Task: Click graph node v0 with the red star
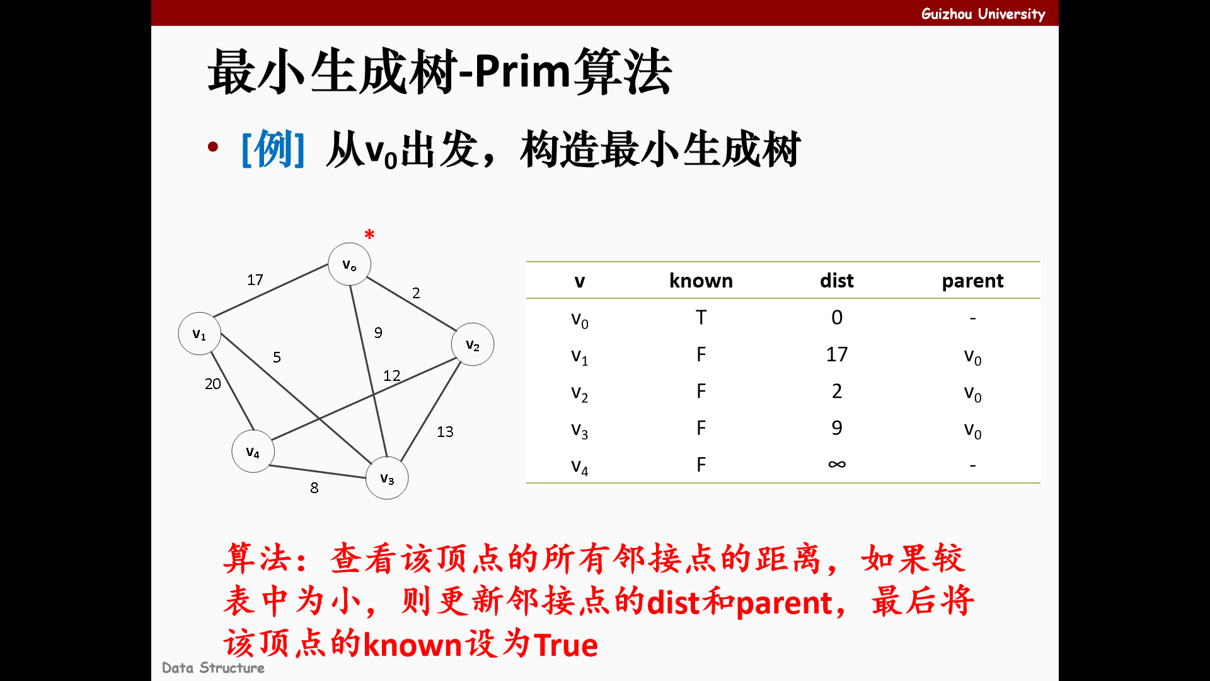pos(349,264)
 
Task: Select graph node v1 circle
pos(199,334)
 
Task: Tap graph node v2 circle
pos(472,344)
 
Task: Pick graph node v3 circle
pos(387,478)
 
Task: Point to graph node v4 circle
pos(253,451)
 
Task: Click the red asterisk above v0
pos(369,235)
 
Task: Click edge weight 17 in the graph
pos(255,279)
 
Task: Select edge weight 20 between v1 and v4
pos(213,383)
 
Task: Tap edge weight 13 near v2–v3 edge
pos(445,431)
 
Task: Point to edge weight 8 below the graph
pos(314,487)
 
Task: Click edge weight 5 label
pos(277,357)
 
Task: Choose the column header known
pos(701,281)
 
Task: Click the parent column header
pos(972,281)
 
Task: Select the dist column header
pos(836,281)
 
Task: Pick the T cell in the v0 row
pos(701,317)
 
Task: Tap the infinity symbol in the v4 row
pos(836,465)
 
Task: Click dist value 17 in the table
pos(836,354)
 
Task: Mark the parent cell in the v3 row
pos(972,429)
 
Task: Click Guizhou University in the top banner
pos(982,14)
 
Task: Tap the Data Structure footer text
pos(213,668)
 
